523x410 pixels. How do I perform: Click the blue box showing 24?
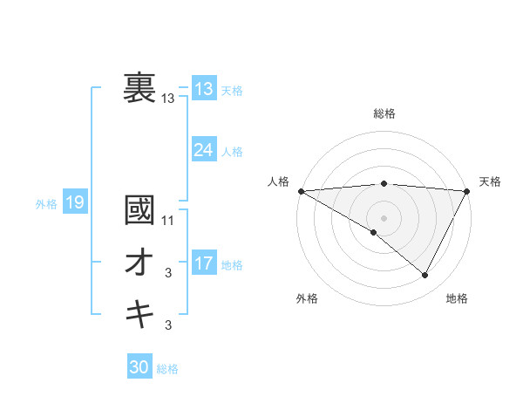click(x=204, y=150)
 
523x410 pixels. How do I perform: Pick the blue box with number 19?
click(x=74, y=203)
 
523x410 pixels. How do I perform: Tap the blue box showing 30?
click(x=139, y=367)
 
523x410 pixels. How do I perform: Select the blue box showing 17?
click(x=204, y=263)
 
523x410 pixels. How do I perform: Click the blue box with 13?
click(x=204, y=89)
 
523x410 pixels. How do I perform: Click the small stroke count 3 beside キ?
click(x=168, y=326)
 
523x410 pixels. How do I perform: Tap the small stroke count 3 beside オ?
click(x=168, y=274)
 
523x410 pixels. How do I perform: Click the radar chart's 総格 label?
click(x=384, y=113)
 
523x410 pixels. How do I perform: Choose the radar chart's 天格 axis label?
click(x=490, y=181)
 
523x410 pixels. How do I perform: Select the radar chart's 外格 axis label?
click(x=307, y=298)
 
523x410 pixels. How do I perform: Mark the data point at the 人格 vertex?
click(x=301, y=190)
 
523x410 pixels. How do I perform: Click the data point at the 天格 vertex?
click(x=467, y=190)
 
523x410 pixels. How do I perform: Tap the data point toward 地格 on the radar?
click(x=425, y=276)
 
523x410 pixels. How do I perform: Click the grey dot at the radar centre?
click(x=384, y=217)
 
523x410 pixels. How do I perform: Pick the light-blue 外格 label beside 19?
click(x=46, y=204)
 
